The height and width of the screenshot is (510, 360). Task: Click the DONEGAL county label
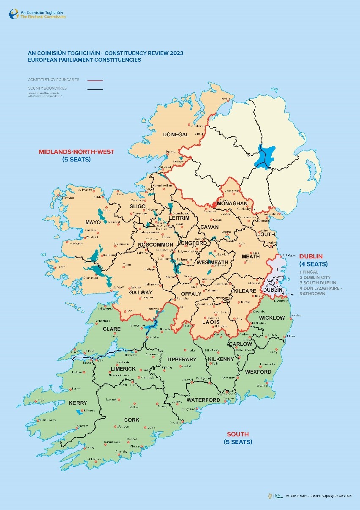(x=176, y=134)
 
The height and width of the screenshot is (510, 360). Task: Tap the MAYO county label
(x=93, y=222)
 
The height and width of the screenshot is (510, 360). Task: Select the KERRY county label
(x=78, y=403)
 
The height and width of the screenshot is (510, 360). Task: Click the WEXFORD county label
(x=258, y=372)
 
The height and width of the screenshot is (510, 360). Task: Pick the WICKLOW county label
(x=272, y=318)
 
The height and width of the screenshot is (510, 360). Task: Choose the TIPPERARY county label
(x=182, y=359)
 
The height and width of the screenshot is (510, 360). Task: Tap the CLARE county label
(x=112, y=329)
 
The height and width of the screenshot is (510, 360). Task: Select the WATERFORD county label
(x=203, y=400)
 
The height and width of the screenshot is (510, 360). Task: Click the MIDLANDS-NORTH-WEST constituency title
(x=76, y=152)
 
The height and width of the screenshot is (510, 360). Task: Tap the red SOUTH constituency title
(x=238, y=434)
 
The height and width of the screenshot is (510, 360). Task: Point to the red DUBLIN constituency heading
(x=311, y=256)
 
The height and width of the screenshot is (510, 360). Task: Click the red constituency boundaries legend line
(x=95, y=80)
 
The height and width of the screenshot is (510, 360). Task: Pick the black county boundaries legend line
(x=95, y=89)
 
